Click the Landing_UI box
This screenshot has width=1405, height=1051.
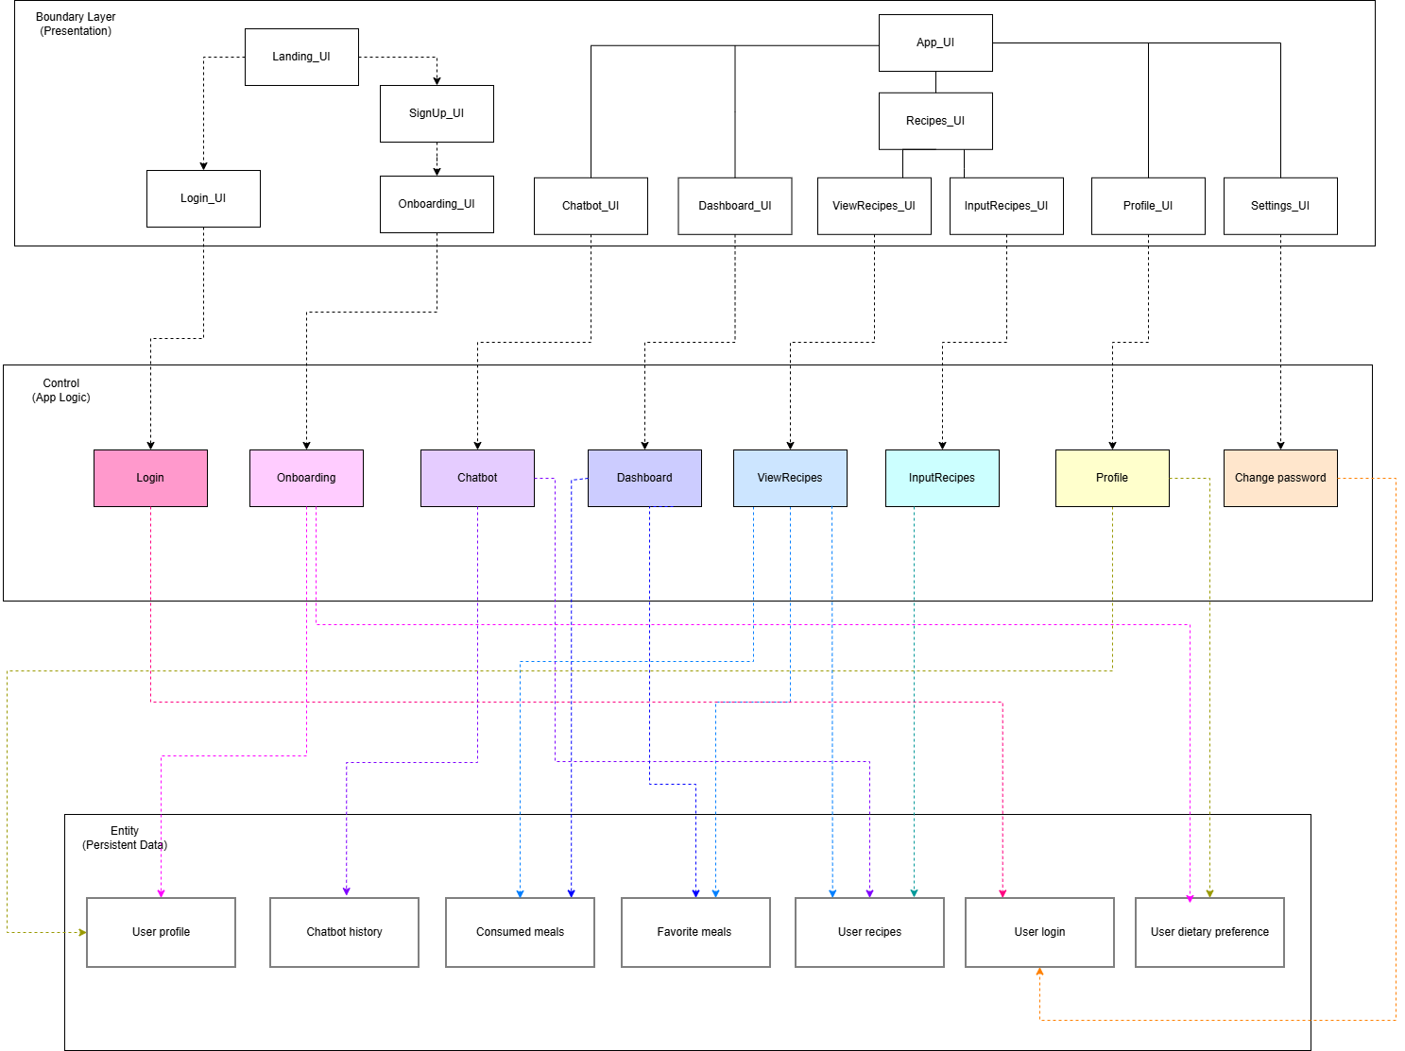[301, 57]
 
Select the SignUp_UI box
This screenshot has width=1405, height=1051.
[437, 113]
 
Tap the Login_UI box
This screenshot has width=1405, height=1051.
[203, 198]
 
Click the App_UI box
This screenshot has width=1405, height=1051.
[935, 42]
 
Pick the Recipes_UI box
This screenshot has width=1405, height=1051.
[935, 121]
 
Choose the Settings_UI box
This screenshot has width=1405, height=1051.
[1280, 206]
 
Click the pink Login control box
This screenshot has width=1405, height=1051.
[150, 478]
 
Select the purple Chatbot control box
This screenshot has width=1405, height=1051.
[477, 478]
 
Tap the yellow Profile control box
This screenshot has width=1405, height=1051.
[1112, 478]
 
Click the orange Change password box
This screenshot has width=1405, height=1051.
[1280, 478]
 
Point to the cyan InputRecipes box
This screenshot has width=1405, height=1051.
[942, 478]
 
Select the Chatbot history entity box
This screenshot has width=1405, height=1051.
[344, 932]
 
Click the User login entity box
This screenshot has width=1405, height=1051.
[1039, 932]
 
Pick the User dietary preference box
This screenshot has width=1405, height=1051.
[1209, 932]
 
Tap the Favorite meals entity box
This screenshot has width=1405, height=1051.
[694, 932]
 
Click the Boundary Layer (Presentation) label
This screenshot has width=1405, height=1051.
[76, 24]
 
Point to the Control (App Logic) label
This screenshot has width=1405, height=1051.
[61, 390]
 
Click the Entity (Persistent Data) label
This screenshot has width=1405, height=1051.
[125, 838]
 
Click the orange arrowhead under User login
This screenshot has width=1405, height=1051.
[1039, 972]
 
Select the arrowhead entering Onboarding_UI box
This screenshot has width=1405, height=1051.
[437, 172]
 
